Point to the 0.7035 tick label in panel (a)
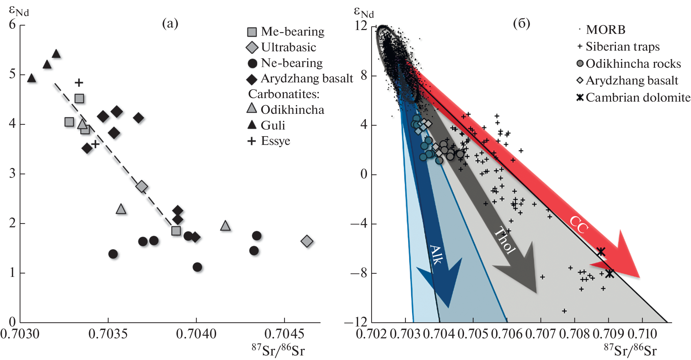click(108, 334)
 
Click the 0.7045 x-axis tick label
click(284, 334)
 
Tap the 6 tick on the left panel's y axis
click(13, 24)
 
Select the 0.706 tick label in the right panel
click(507, 334)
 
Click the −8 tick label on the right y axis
click(359, 273)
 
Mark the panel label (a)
click(170, 23)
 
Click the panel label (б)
click(521, 23)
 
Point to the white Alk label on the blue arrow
click(436, 254)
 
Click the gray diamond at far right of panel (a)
click(307, 241)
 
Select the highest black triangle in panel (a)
click(56, 54)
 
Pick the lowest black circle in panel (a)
click(197, 267)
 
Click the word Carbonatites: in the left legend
click(284, 94)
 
